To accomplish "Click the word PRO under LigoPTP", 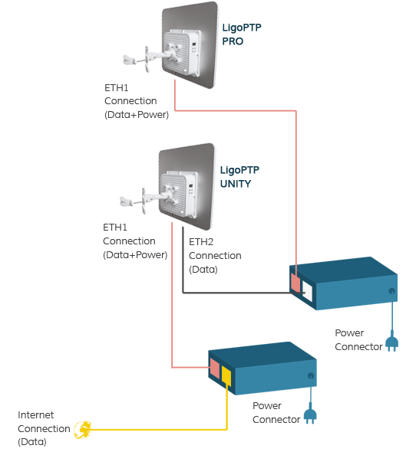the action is point(233,41).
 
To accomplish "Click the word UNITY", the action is point(236,184).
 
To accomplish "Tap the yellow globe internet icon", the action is point(83,430).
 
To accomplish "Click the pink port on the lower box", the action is point(214,368).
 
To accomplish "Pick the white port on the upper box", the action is point(307,291).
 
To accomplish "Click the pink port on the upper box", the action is point(295,282).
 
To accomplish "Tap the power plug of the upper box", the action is point(392,342).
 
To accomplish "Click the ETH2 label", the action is point(201,242).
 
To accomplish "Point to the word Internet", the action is point(35,414).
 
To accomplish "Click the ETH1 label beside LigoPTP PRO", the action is point(116,87).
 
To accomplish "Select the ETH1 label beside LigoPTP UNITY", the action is point(115,228).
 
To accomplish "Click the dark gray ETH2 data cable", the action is point(231,293).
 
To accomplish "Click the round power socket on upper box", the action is point(391,291).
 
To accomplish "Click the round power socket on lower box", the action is point(311,375).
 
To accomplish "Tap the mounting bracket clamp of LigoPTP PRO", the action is point(129,60).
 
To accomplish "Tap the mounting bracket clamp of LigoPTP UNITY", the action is point(126,201).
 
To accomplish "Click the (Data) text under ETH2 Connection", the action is point(203,270).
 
